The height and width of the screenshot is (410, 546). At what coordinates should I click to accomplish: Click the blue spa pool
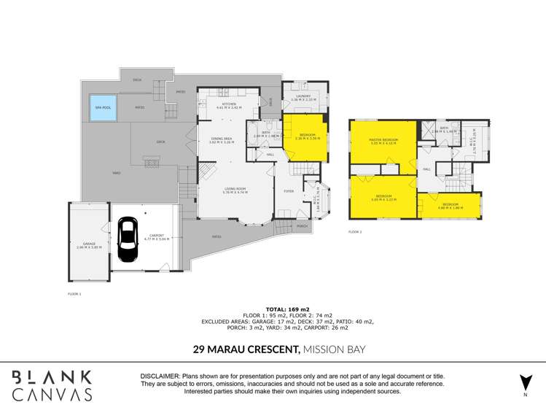[103, 107]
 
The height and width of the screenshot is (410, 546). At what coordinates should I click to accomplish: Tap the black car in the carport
[128, 239]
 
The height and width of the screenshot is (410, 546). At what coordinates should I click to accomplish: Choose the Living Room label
[235, 190]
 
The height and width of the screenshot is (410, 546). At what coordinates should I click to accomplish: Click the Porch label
[302, 226]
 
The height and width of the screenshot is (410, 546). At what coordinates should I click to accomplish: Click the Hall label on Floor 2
[426, 169]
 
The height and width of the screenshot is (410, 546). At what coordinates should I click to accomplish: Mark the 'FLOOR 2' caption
[355, 231]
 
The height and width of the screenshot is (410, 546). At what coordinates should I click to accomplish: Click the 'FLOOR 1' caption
[74, 293]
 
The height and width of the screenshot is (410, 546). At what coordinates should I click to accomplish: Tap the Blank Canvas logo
[52, 385]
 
